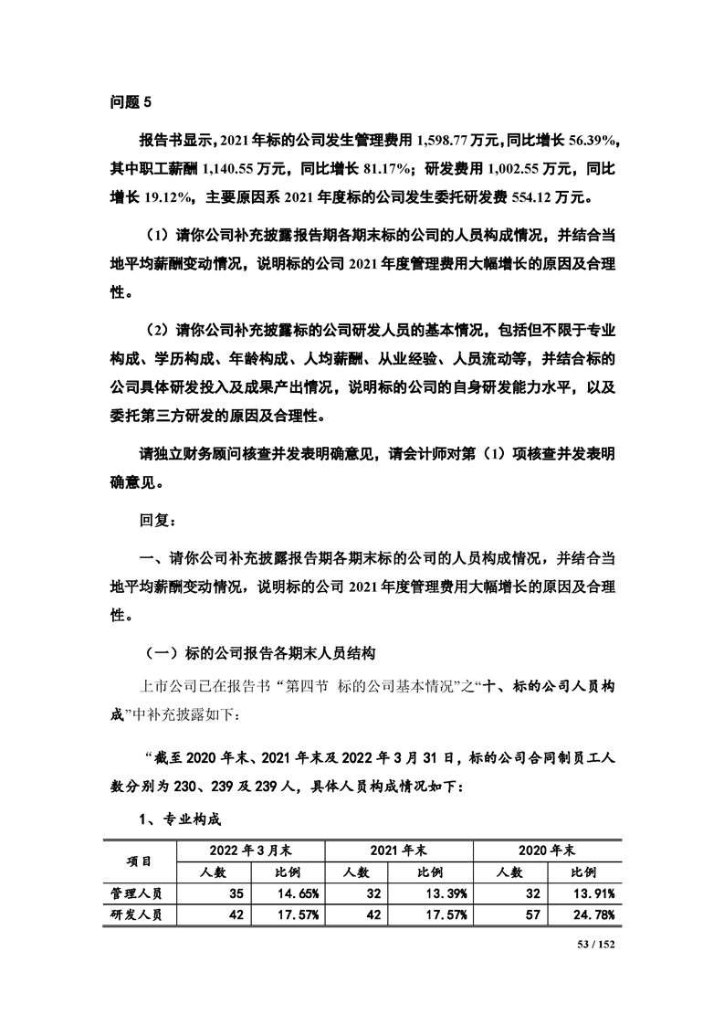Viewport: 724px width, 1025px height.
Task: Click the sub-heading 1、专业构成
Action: tap(180, 819)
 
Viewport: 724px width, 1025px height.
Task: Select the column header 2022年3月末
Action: tap(249, 850)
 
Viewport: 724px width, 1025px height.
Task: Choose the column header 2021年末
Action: tap(398, 850)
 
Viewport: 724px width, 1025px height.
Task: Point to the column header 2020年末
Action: tap(547, 850)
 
